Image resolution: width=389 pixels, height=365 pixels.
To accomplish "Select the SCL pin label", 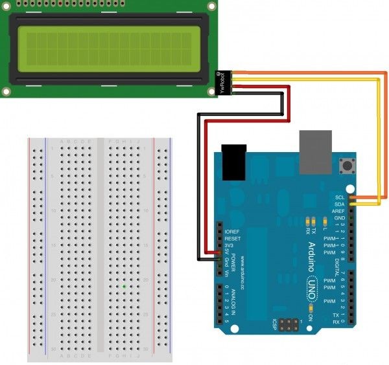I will pyautogui.click(x=339, y=196).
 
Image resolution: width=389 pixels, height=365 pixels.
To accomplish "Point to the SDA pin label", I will pyautogui.click(x=339, y=203).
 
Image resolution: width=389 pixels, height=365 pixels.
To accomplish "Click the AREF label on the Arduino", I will pyautogui.click(x=338, y=211).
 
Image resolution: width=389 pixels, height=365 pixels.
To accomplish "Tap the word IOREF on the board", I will pyautogui.click(x=231, y=231).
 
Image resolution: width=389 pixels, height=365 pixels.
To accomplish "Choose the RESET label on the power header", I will pyautogui.click(x=232, y=238).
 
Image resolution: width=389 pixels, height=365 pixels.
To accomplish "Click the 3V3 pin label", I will pyautogui.click(x=230, y=245).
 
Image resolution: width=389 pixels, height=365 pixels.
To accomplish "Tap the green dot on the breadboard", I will pyautogui.click(x=124, y=285).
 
